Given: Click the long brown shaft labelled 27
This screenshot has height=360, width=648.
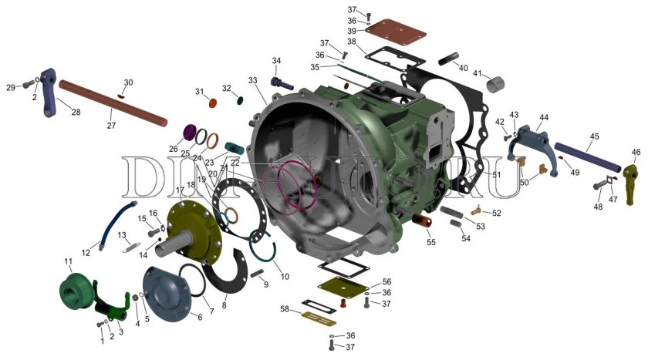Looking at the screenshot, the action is [113, 103].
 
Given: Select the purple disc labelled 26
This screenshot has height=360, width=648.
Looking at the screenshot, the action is [190, 132].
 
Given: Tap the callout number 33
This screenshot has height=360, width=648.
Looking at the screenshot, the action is [253, 80].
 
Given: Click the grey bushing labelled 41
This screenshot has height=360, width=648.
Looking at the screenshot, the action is [495, 84].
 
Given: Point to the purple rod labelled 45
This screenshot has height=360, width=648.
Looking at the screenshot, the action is [588, 158].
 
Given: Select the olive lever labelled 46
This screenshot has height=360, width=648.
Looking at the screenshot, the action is [632, 183].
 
